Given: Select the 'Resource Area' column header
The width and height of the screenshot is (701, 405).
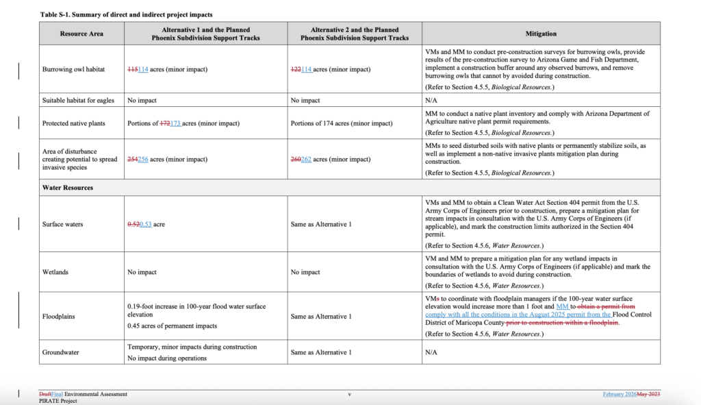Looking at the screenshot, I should (81, 34).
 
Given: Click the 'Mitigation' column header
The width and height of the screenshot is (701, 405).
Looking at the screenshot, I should (541, 34).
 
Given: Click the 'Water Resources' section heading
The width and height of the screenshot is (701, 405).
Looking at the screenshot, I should (68, 187).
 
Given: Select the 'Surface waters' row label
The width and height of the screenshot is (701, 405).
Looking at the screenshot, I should (62, 225).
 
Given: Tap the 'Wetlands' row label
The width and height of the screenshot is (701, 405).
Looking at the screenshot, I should (55, 272).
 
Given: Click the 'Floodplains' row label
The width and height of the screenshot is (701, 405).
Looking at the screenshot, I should (59, 317).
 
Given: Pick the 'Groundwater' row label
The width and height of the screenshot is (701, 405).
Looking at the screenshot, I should (60, 352).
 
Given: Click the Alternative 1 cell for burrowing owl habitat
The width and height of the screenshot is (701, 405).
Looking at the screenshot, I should (168, 70).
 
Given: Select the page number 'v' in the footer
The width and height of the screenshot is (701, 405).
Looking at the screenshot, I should (350, 394).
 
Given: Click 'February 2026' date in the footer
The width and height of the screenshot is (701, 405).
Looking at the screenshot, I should (620, 394).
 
